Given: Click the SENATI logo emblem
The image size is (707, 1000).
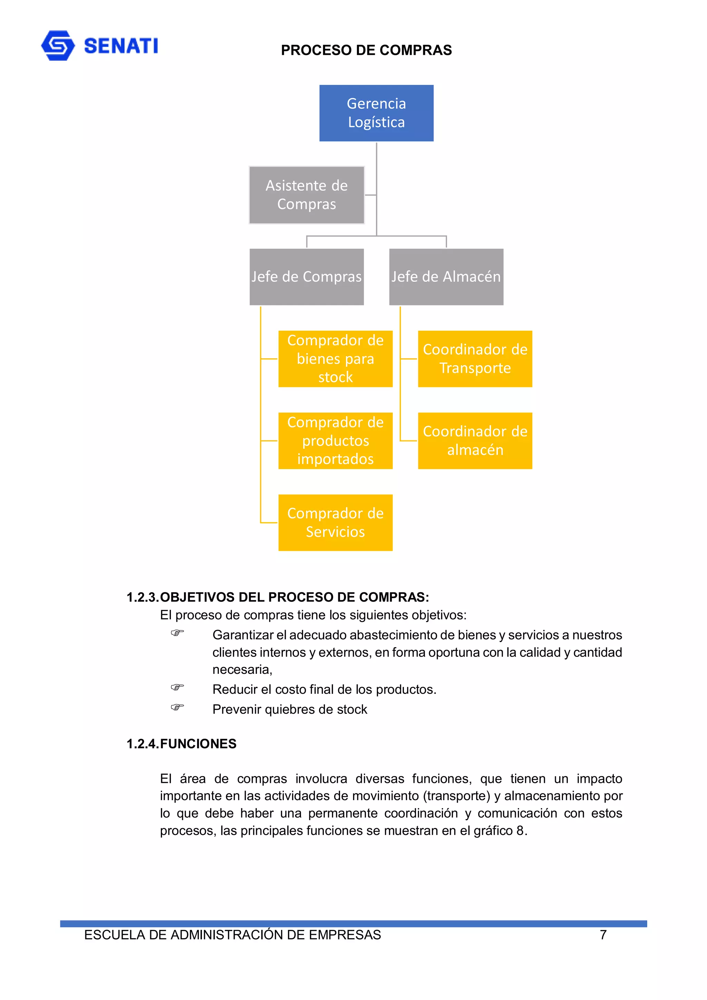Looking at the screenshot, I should pos(58,45).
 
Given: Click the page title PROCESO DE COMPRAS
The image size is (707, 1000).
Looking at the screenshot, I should pos(366,50).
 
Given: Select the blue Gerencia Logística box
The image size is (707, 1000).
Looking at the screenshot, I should pos(376,113).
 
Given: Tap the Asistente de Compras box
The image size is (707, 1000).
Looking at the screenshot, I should pos(306,195).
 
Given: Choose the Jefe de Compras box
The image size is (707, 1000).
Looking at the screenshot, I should pos(306,276).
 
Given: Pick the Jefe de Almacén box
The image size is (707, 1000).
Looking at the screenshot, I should pos(446,276).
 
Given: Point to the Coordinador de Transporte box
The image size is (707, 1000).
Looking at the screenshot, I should pos(475,358).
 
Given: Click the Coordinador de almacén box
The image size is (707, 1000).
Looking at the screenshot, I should pos(475,440).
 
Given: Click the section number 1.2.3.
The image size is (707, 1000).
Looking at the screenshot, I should pos(143,597).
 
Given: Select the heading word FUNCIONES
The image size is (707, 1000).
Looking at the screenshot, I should pos(198,744).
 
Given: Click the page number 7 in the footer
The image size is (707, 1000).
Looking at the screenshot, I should pos(603,935).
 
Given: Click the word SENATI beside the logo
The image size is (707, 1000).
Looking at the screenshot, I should pos(121,46).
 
